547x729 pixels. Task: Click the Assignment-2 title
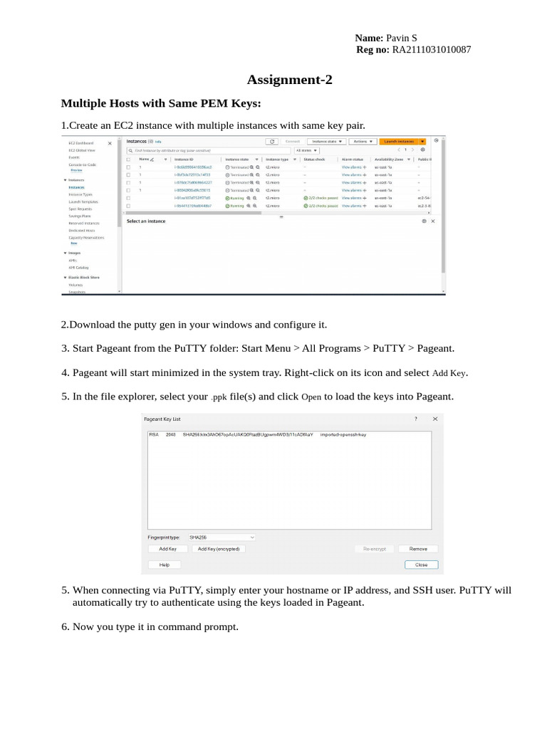(289, 80)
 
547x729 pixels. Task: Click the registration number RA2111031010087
(431, 49)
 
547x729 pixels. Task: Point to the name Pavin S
(401, 38)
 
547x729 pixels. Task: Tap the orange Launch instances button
(402, 142)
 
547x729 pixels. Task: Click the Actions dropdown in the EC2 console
(363, 142)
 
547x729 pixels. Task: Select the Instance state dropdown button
(326, 142)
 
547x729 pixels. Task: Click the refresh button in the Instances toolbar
(272, 142)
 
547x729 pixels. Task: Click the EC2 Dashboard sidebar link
(80, 143)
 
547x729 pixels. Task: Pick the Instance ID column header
(184, 159)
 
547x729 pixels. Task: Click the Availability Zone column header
(389, 159)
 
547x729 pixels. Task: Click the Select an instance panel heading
(145, 221)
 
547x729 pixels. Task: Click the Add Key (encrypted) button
(219, 549)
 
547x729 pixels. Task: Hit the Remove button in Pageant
(418, 549)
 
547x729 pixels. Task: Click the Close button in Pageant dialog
(421, 565)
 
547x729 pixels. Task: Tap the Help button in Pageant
(165, 565)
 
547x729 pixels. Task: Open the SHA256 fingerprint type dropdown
(221, 537)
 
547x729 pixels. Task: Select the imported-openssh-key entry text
(343, 434)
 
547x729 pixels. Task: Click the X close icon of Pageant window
(434, 419)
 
